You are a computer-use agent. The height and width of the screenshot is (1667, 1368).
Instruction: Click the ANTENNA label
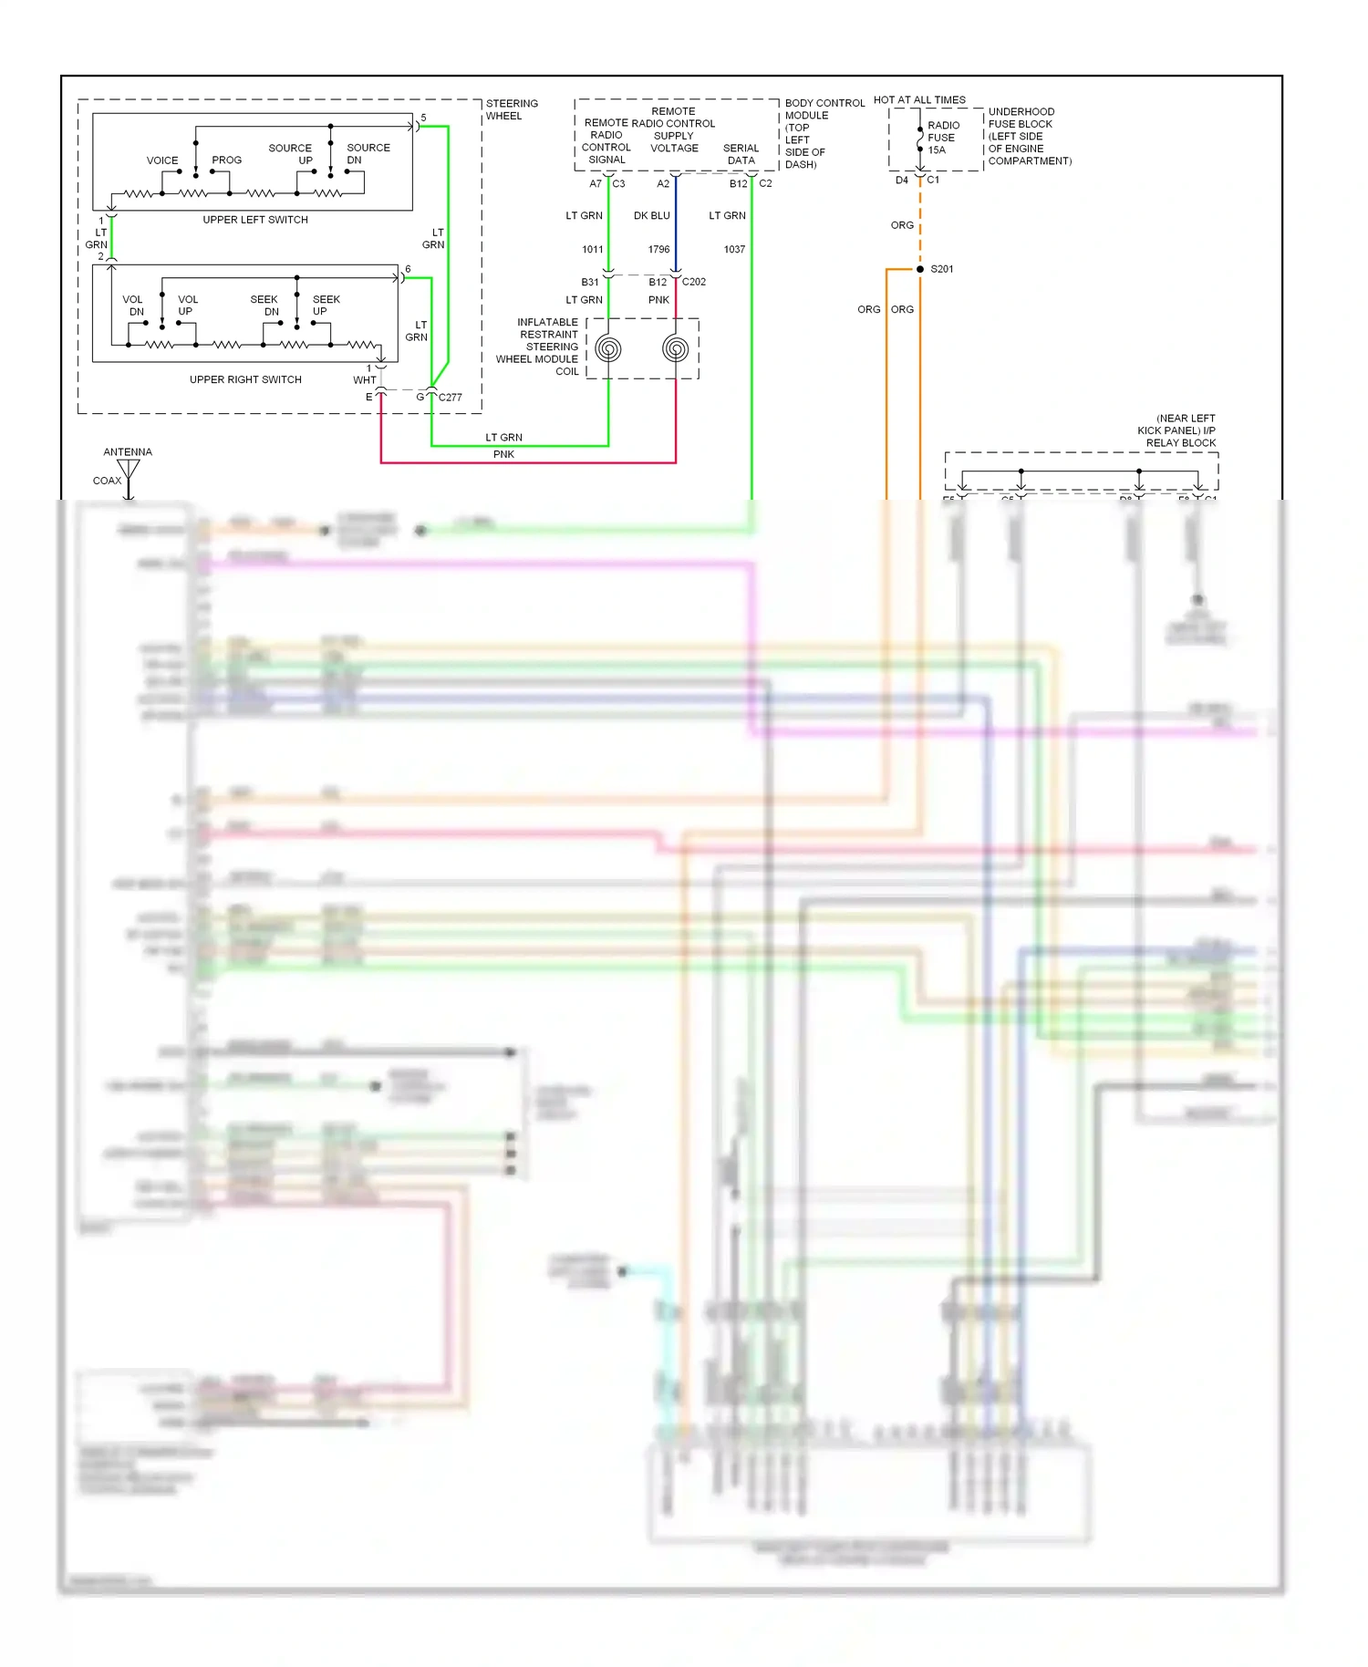[x=128, y=452]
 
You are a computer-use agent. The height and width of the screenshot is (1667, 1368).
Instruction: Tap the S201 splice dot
[x=920, y=269]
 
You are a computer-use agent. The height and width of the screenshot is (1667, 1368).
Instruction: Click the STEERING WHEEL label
[x=511, y=109]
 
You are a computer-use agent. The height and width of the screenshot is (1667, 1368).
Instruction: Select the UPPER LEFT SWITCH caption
[x=255, y=220]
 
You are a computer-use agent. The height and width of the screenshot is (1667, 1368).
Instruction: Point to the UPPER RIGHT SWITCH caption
[x=245, y=379]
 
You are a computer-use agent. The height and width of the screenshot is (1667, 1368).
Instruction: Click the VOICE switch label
[x=162, y=160]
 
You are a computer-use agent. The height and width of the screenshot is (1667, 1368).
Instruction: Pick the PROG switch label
[x=226, y=160]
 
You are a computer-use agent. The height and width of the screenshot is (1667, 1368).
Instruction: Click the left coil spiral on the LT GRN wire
[x=608, y=349]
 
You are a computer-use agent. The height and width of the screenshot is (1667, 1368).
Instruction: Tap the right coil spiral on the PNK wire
[x=676, y=348]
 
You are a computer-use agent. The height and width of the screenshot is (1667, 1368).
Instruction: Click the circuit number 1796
[x=658, y=249]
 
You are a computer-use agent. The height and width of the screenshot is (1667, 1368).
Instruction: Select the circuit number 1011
[x=593, y=249]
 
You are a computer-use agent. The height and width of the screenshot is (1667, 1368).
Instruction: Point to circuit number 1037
[x=734, y=249]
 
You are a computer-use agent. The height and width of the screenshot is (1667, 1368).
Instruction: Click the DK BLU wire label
[x=651, y=216]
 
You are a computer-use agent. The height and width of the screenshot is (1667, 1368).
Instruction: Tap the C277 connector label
[x=451, y=398]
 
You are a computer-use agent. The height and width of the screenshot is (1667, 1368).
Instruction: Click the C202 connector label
[x=694, y=282]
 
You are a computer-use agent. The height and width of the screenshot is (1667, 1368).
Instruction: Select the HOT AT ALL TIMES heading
[x=919, y=100]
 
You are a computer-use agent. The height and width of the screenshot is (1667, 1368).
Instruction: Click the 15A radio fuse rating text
[x=937, y=150]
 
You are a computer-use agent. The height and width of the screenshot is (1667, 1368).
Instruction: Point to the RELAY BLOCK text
[x=1181, y=443]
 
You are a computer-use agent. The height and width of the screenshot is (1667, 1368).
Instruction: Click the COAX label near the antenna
[x=107, y=481]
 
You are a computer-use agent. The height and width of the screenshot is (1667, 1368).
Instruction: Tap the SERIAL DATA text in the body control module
[x=741, y=154]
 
